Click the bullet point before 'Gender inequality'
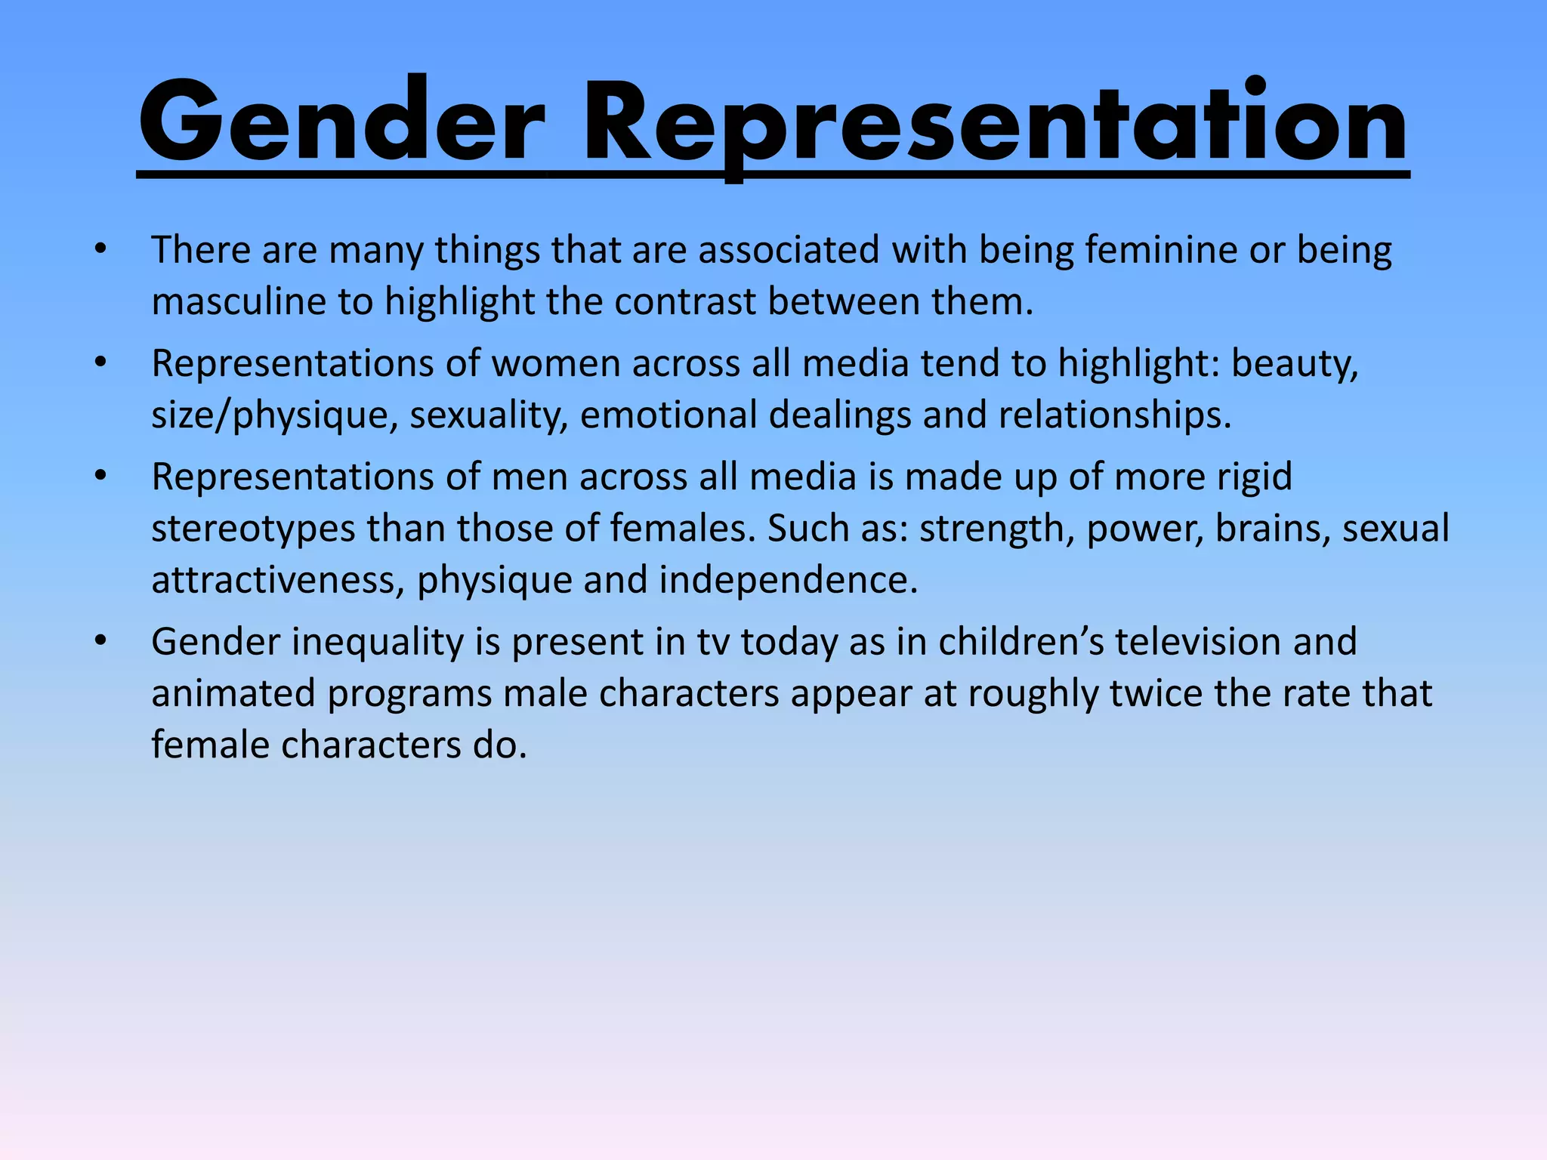point(100,642)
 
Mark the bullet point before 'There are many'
point(100,250)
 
